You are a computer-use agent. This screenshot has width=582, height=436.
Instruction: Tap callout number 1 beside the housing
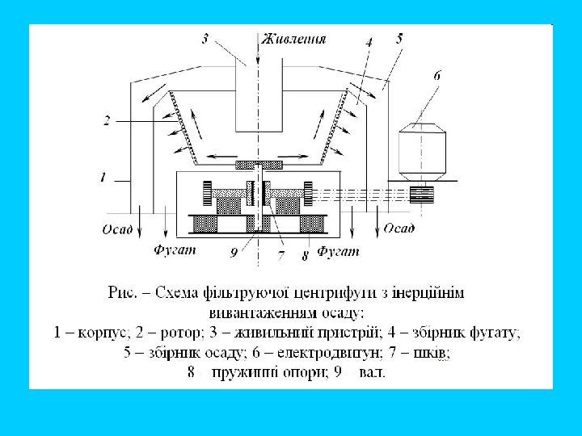point(103,177)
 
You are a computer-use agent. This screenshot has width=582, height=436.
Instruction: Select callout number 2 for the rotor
point(107,121)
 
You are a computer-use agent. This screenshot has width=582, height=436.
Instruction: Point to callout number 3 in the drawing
point(205,38)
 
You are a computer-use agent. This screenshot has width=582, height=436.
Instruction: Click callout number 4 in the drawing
point(368,41)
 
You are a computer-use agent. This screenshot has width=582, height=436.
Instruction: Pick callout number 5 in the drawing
point(400,37)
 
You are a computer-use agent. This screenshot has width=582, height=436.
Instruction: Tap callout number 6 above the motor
point(437,74)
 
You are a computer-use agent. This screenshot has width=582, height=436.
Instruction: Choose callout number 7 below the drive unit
point(281,254)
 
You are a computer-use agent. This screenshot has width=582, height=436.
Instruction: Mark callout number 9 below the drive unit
point(234,253)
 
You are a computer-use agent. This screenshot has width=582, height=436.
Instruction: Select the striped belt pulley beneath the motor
point(422,194)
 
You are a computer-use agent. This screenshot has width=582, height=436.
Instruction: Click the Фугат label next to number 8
point(339,253)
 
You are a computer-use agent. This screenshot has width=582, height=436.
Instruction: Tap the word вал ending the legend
point(373,372)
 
